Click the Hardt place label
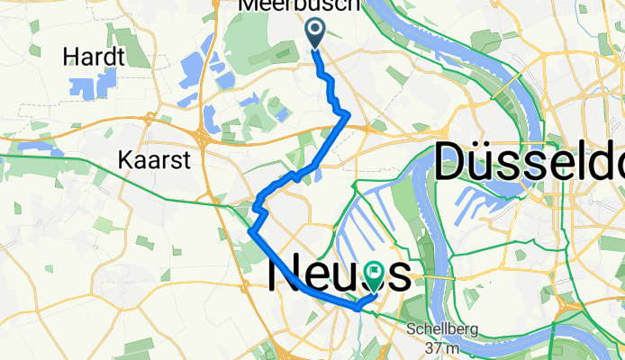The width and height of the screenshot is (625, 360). [x=94, y=58]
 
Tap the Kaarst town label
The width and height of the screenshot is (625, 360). [x=148, y=160]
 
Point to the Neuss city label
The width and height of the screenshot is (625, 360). [x=340, y=273]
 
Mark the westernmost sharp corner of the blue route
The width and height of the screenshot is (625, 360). [x=249, y=233]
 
